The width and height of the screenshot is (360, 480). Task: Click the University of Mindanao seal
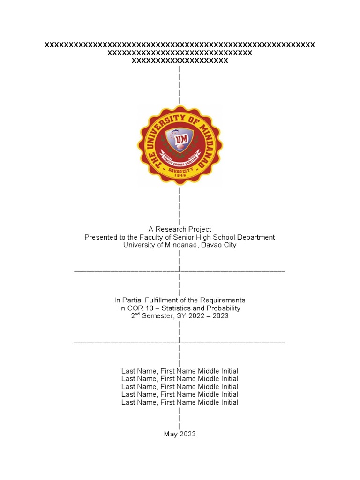pyautogui.click(x=180, y=144)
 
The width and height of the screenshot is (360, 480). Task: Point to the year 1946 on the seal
pyautogui.click(x=180, y=175)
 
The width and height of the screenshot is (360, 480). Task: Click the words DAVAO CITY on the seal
pyautogui.click(x=180, y=169)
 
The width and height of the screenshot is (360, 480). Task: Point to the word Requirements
pyautogui.click(x=223, y=300)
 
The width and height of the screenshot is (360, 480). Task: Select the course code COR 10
pyautogui.click(x=140, y=308)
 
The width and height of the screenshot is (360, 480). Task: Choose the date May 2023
pyautogui.click(x=180, y=434)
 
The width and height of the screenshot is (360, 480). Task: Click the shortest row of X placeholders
pyautogui.click(x=180, y=61)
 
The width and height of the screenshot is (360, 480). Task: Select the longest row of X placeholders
pyautogui.click(x=180, y=45)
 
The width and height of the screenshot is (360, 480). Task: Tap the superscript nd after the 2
pyautogui.click(x=138, y=314)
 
